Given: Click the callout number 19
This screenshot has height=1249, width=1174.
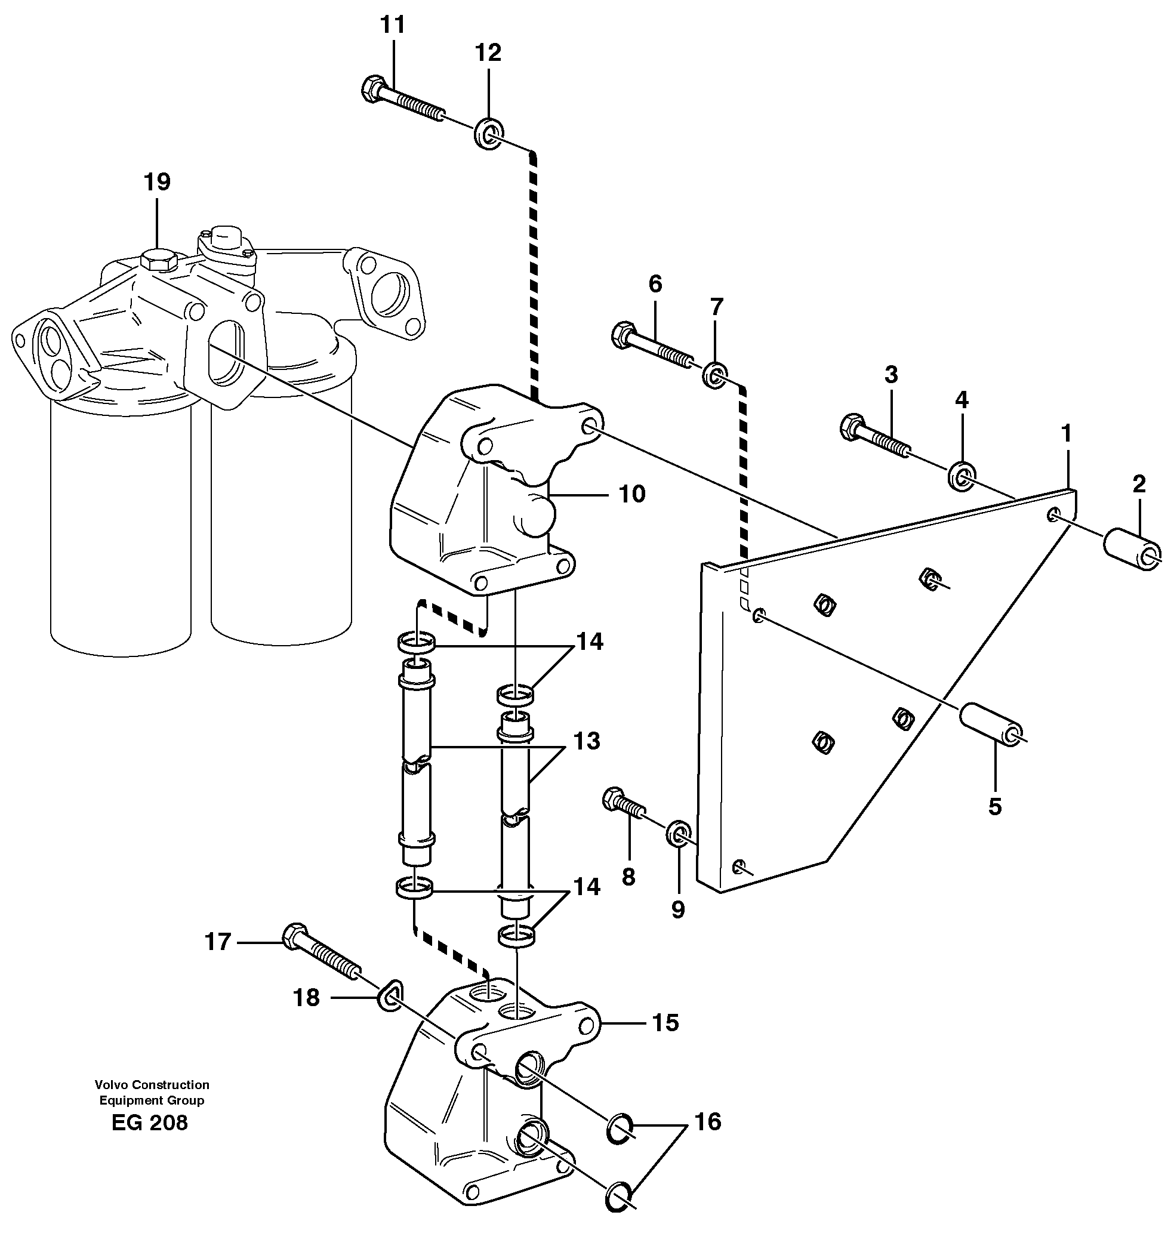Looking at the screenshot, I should click(x=156, y=182).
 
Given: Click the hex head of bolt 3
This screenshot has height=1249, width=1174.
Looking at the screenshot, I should click(x=852, y=427).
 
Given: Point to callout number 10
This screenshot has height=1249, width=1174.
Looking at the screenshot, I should click(x=631, y=494).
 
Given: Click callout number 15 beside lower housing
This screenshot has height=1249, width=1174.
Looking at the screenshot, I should click(x=665, y=1023).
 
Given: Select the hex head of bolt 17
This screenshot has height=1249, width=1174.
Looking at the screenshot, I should click(x=295, y=936).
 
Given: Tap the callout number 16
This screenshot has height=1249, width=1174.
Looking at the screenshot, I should click(x=708, y=1121).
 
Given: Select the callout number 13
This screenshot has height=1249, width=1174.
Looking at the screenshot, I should click(x=586, y=741).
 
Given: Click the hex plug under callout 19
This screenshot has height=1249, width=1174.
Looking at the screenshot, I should click(x=156, y=260).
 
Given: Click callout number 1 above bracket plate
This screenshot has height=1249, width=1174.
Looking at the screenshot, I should click(x=1065, y=433).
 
